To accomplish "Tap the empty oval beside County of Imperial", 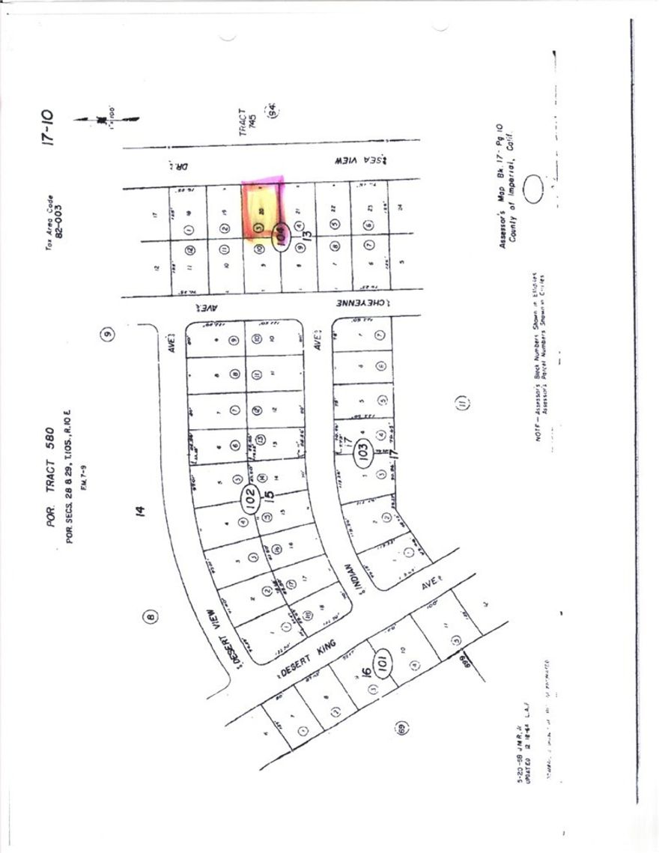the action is point(534,188).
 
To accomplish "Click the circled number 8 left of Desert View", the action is point(151,617).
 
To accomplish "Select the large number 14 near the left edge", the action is point(140,512).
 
